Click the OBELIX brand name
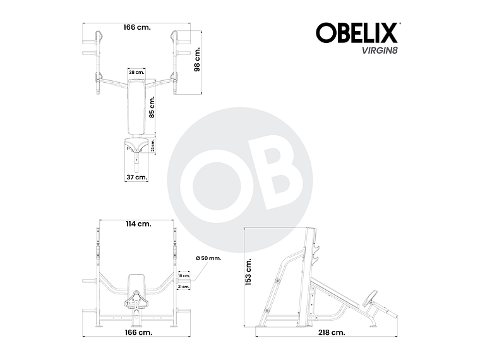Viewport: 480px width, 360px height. (356, 33)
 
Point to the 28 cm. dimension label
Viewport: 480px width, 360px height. (136, 73)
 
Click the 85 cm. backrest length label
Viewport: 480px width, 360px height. (152, 107)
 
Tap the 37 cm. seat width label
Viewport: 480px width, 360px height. (136, 177)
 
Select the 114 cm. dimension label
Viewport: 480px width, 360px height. (138, 224)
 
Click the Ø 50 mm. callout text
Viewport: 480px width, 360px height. (208, 259)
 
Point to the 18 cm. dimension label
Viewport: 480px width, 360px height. (184, 276)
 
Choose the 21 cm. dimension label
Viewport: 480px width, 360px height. (184, 286)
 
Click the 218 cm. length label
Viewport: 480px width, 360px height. (332, 332)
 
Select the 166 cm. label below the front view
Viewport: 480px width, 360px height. (138, 332)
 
